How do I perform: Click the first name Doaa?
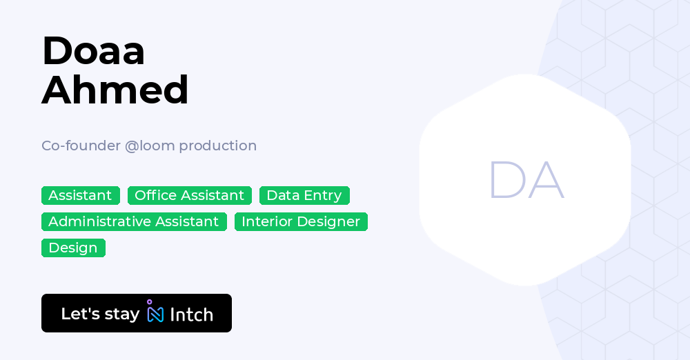tap(93, 51)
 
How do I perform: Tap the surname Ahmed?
tap(115, 90)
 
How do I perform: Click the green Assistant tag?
tap(80, 195)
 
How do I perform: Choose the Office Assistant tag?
tap(190, 195)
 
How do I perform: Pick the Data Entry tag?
tap(304, 195)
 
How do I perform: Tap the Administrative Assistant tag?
tap(134, 221)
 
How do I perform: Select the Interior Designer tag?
tap(301, 221)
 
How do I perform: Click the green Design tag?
tap(73, 248)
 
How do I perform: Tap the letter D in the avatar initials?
tap(505, 181)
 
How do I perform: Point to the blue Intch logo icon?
tap(155, 314)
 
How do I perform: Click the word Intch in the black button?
tap(191, 314)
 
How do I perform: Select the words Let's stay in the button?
tap(100, 314)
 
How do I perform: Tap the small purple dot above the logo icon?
tap(149, 301)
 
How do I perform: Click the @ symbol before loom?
tap(132, 146)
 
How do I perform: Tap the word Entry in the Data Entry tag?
tap(323, 195)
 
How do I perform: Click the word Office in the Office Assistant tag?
tap(155, 195)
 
